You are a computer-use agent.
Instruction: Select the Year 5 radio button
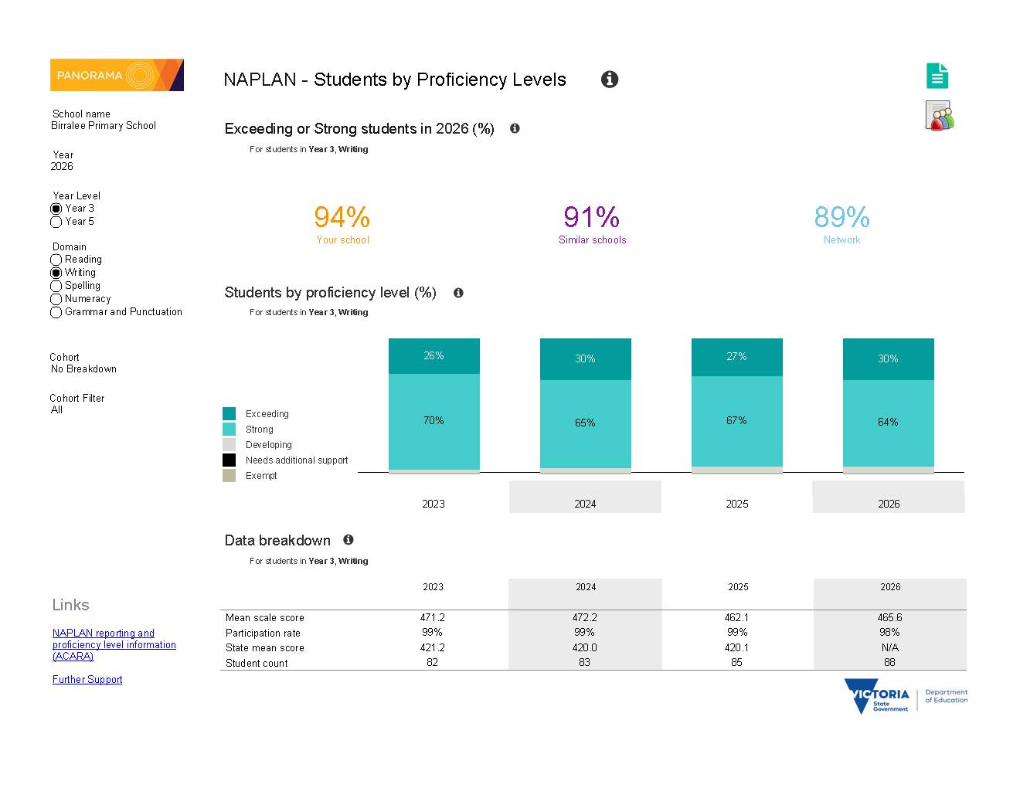(56, 222)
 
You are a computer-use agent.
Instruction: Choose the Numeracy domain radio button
(56, 299)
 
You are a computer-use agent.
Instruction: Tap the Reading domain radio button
(56, 260)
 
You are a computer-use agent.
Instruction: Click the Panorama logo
(117, 75)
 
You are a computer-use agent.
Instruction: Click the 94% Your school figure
(342, 217)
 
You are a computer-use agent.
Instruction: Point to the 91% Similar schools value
(591, 217)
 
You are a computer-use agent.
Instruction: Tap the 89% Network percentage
(841, 217)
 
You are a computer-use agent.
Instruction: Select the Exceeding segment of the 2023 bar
(434, 356)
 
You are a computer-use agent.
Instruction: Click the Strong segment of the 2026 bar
(889, 423)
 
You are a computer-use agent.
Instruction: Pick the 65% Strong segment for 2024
(585, 424)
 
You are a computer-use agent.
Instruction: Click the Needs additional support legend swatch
(229, 460)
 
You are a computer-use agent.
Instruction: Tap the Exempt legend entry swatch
(229, 475)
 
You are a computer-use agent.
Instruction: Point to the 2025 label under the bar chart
(737, 504)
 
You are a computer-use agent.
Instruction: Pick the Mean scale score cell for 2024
(585, 617)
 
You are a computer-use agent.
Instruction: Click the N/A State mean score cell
(890, 647)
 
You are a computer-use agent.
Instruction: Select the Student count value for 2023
(432, 663)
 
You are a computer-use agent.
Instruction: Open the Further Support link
(87, 680)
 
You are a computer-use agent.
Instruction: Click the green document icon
(937, 76)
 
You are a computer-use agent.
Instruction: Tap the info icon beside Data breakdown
(348, 540)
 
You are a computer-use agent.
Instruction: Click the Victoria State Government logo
(906, 697)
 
